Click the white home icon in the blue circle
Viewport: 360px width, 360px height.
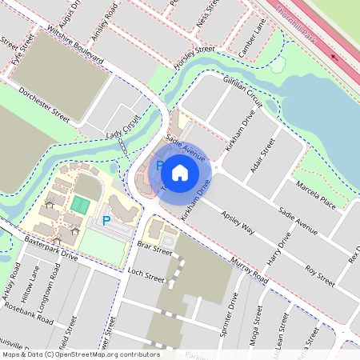point(179,173)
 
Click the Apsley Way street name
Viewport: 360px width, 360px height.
point(238,223)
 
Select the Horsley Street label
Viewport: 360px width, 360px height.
point(195,55)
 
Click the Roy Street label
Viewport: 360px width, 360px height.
point(319,270)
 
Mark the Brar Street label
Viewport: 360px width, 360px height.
point(154,250)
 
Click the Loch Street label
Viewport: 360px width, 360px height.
point(146,278)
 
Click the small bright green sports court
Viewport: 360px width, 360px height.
point(79,205)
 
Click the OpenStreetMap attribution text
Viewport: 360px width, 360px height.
point(80,354)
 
